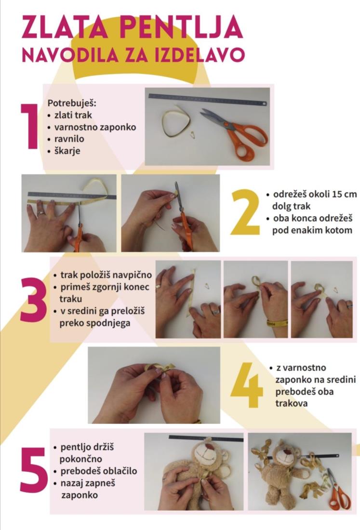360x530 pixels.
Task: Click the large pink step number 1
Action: pyautogui.click(x=29, y=126)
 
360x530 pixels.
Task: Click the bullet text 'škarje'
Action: pyautogui.click(x=67, y=151)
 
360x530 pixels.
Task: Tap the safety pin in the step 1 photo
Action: pyautogui.click(x=194, y=135)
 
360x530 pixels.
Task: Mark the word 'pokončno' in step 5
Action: pyautogui.click(x=80, y=459)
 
